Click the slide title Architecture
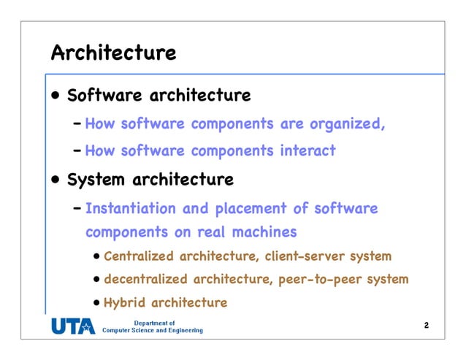coord(113,53)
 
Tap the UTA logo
coord(72,327)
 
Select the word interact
coord(308,151)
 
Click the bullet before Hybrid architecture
coord(98,302)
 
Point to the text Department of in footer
coord(154,322)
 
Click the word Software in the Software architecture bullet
coord(105,96)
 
